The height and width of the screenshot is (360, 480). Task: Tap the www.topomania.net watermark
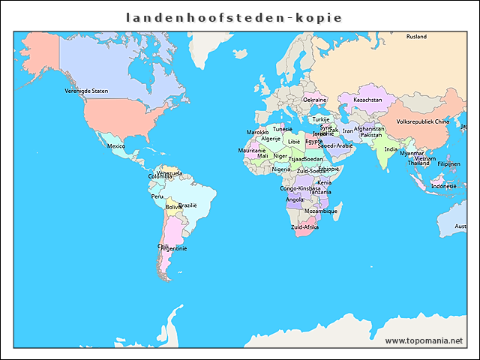[424, 340]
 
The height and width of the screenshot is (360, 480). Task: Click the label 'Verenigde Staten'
[86, 91]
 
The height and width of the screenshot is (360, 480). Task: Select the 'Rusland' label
[416, 37]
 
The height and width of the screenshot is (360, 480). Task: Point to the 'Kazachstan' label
[367, 100]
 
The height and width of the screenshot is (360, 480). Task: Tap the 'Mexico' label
[116, 146]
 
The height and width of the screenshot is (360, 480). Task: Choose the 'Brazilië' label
[187, 205]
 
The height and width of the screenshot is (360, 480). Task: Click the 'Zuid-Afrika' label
[305, 226]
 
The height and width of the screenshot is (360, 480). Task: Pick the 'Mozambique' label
[321, 211]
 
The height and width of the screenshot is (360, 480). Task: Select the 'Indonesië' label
[443, 186]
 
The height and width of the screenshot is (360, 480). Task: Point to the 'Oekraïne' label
[314, 100]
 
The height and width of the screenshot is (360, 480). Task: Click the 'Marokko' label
[257, 132]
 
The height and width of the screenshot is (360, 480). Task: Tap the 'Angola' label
[295, 199]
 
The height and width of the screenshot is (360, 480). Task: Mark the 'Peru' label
[157, 196]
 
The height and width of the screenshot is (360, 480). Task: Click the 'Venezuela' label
[169, 172]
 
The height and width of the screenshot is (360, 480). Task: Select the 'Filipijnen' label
[448, 163]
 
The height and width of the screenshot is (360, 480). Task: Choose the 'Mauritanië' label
[252, 150]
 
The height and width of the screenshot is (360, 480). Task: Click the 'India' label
[391, 149]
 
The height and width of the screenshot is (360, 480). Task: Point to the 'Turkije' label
[321, 119]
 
